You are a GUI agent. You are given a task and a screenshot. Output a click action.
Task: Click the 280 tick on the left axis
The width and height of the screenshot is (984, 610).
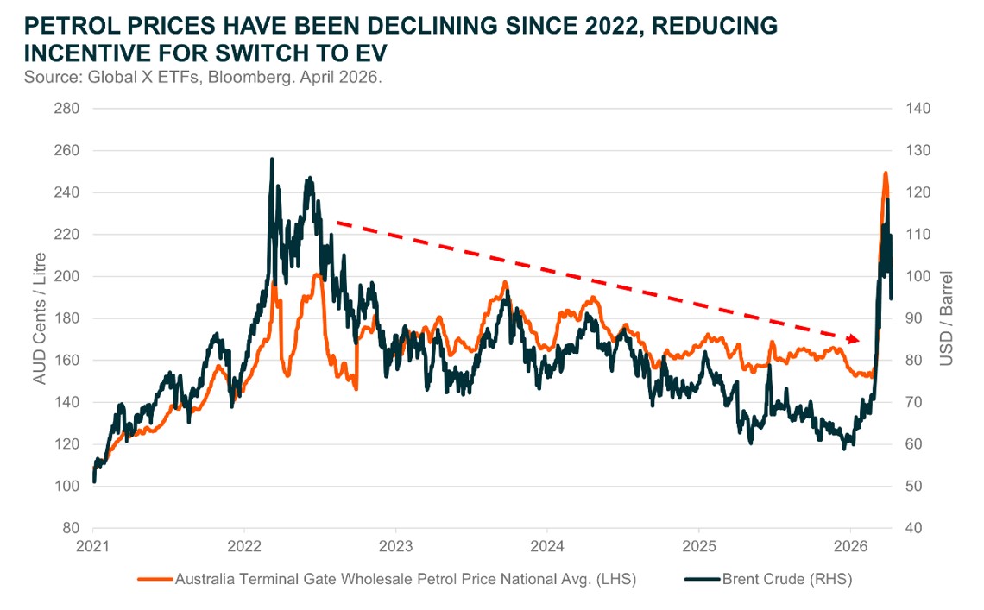point(67,109)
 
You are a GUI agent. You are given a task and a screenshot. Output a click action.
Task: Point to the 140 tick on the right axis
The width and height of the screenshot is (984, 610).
point(917,109)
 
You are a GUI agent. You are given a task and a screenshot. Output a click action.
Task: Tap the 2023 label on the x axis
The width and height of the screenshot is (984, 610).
point(395,547)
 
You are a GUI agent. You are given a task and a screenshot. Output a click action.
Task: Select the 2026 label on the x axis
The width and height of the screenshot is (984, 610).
point(850,547)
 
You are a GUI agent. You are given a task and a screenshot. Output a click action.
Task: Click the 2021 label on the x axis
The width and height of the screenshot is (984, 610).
point(93,547)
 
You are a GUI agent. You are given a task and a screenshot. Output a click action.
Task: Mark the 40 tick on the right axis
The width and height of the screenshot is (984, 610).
point(913,528)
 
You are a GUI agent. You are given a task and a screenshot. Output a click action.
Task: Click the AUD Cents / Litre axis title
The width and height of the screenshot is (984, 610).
point(40,318)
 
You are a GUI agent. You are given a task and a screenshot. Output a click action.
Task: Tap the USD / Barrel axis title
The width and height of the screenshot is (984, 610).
point(946,318)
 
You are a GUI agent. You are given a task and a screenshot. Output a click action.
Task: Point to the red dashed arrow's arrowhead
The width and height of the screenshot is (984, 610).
point(855,338)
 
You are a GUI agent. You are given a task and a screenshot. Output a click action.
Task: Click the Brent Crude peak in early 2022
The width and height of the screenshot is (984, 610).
point(272,160)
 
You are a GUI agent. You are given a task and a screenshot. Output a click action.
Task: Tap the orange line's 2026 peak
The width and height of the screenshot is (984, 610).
point(885,173)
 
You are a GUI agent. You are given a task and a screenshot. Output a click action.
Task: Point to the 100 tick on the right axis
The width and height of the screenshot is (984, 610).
point(917,276)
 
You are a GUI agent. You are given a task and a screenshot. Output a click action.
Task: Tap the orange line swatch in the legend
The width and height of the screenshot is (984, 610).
point(155,579)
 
